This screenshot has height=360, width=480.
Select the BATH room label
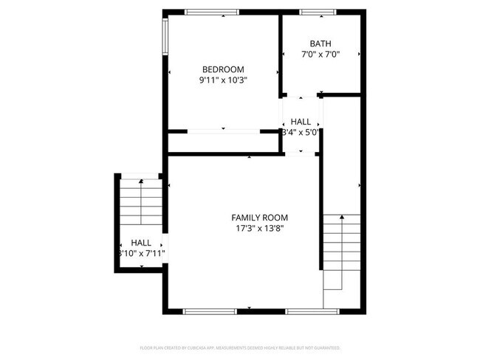coord(320,44)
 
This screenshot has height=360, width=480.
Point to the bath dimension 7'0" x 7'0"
coord(320,55)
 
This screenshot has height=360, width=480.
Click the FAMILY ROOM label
coord(260,218)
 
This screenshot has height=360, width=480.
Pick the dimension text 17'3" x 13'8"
coord(260,229)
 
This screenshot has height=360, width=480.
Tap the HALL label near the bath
coord(301,122)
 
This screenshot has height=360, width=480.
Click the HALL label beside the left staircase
coord(141,243)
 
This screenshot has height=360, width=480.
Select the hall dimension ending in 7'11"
coord(141,254)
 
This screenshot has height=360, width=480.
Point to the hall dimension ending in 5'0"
coord(301,133)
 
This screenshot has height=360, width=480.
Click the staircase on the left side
coord(140,202)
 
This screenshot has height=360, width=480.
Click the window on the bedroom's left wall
coord(165,35)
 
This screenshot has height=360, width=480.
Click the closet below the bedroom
coord(222,142)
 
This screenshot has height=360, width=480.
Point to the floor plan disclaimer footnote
coord(240,347)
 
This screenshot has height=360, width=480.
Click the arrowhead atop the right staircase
coord(342,218)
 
